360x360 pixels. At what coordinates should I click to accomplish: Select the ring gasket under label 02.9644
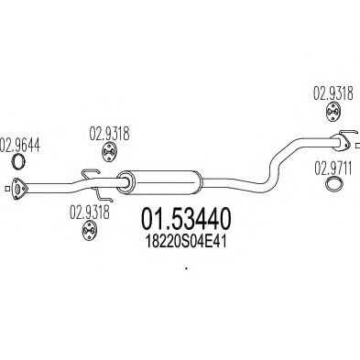(x=16, y=165)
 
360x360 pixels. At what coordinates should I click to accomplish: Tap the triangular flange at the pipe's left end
(x=16, y=191)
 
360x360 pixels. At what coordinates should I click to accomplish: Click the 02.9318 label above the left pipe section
(x=107, y=131)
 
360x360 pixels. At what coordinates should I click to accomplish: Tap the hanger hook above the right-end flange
(x=344, y=134)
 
